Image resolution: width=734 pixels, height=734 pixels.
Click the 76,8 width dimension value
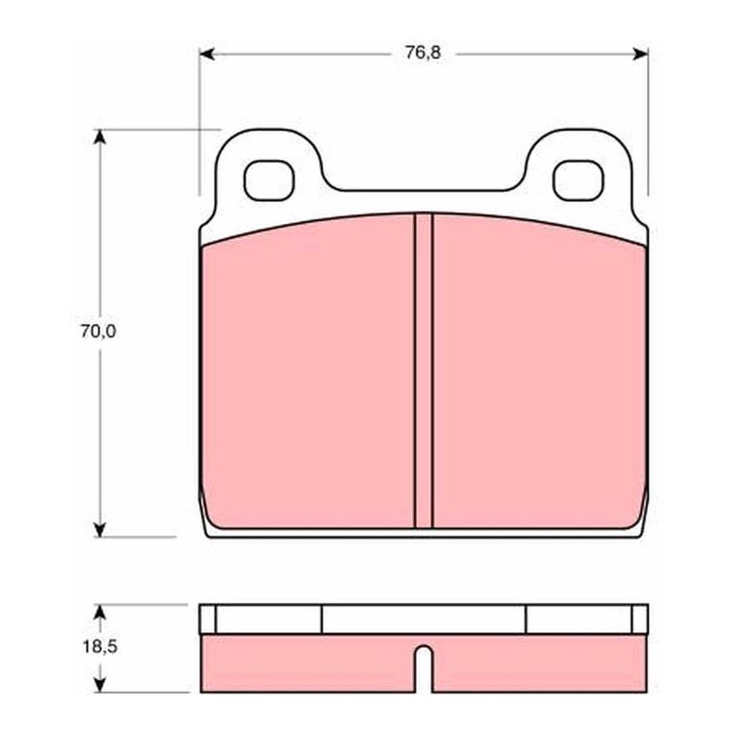423,52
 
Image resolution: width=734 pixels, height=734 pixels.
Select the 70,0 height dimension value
98,331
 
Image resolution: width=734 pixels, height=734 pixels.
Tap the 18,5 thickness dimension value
100,648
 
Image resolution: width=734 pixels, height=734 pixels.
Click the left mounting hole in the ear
269,180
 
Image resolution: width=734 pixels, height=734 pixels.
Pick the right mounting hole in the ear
578,180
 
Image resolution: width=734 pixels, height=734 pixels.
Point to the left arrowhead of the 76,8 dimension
206,54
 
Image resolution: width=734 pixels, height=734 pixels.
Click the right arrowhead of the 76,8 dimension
640,54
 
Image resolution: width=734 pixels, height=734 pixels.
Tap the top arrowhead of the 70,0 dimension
99,137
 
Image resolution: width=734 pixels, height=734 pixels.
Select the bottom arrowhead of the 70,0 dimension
99,529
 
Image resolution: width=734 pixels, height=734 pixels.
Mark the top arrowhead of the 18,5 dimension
99,611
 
